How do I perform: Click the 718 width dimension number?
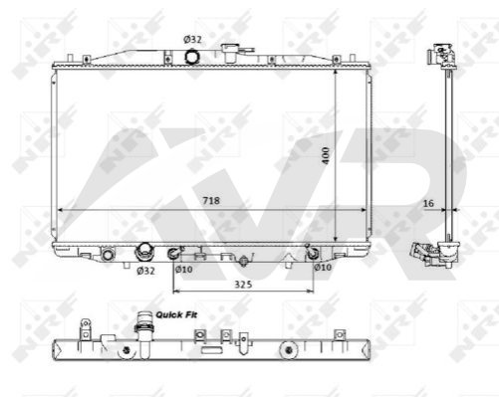coord(211,201)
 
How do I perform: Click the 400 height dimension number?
coord(326,155)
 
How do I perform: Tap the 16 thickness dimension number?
coord(428,203)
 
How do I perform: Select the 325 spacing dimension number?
coord(243,285)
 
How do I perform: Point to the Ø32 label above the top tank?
coord(192,40)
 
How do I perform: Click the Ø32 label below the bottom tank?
coord(145,271)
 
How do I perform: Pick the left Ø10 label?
coord(184,270)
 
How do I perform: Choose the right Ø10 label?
coord(323,267)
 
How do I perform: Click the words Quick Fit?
coord(176,314)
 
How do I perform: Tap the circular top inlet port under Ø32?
coord(191,56)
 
